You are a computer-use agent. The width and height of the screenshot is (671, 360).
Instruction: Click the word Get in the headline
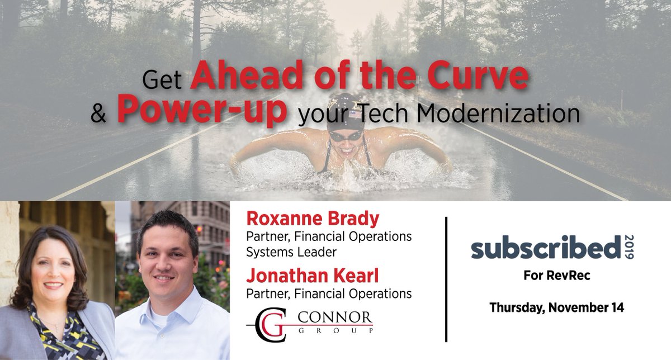coord(162,81)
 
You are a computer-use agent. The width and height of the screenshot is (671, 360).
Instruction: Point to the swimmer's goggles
coord(345,135)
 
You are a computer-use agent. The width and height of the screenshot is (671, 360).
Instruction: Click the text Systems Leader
coord(291,252)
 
